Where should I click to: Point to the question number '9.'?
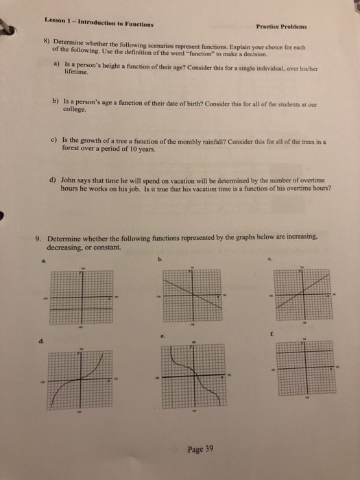(39, 238)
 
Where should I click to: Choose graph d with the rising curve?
(80, 381)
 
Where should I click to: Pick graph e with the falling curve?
(193, 376)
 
